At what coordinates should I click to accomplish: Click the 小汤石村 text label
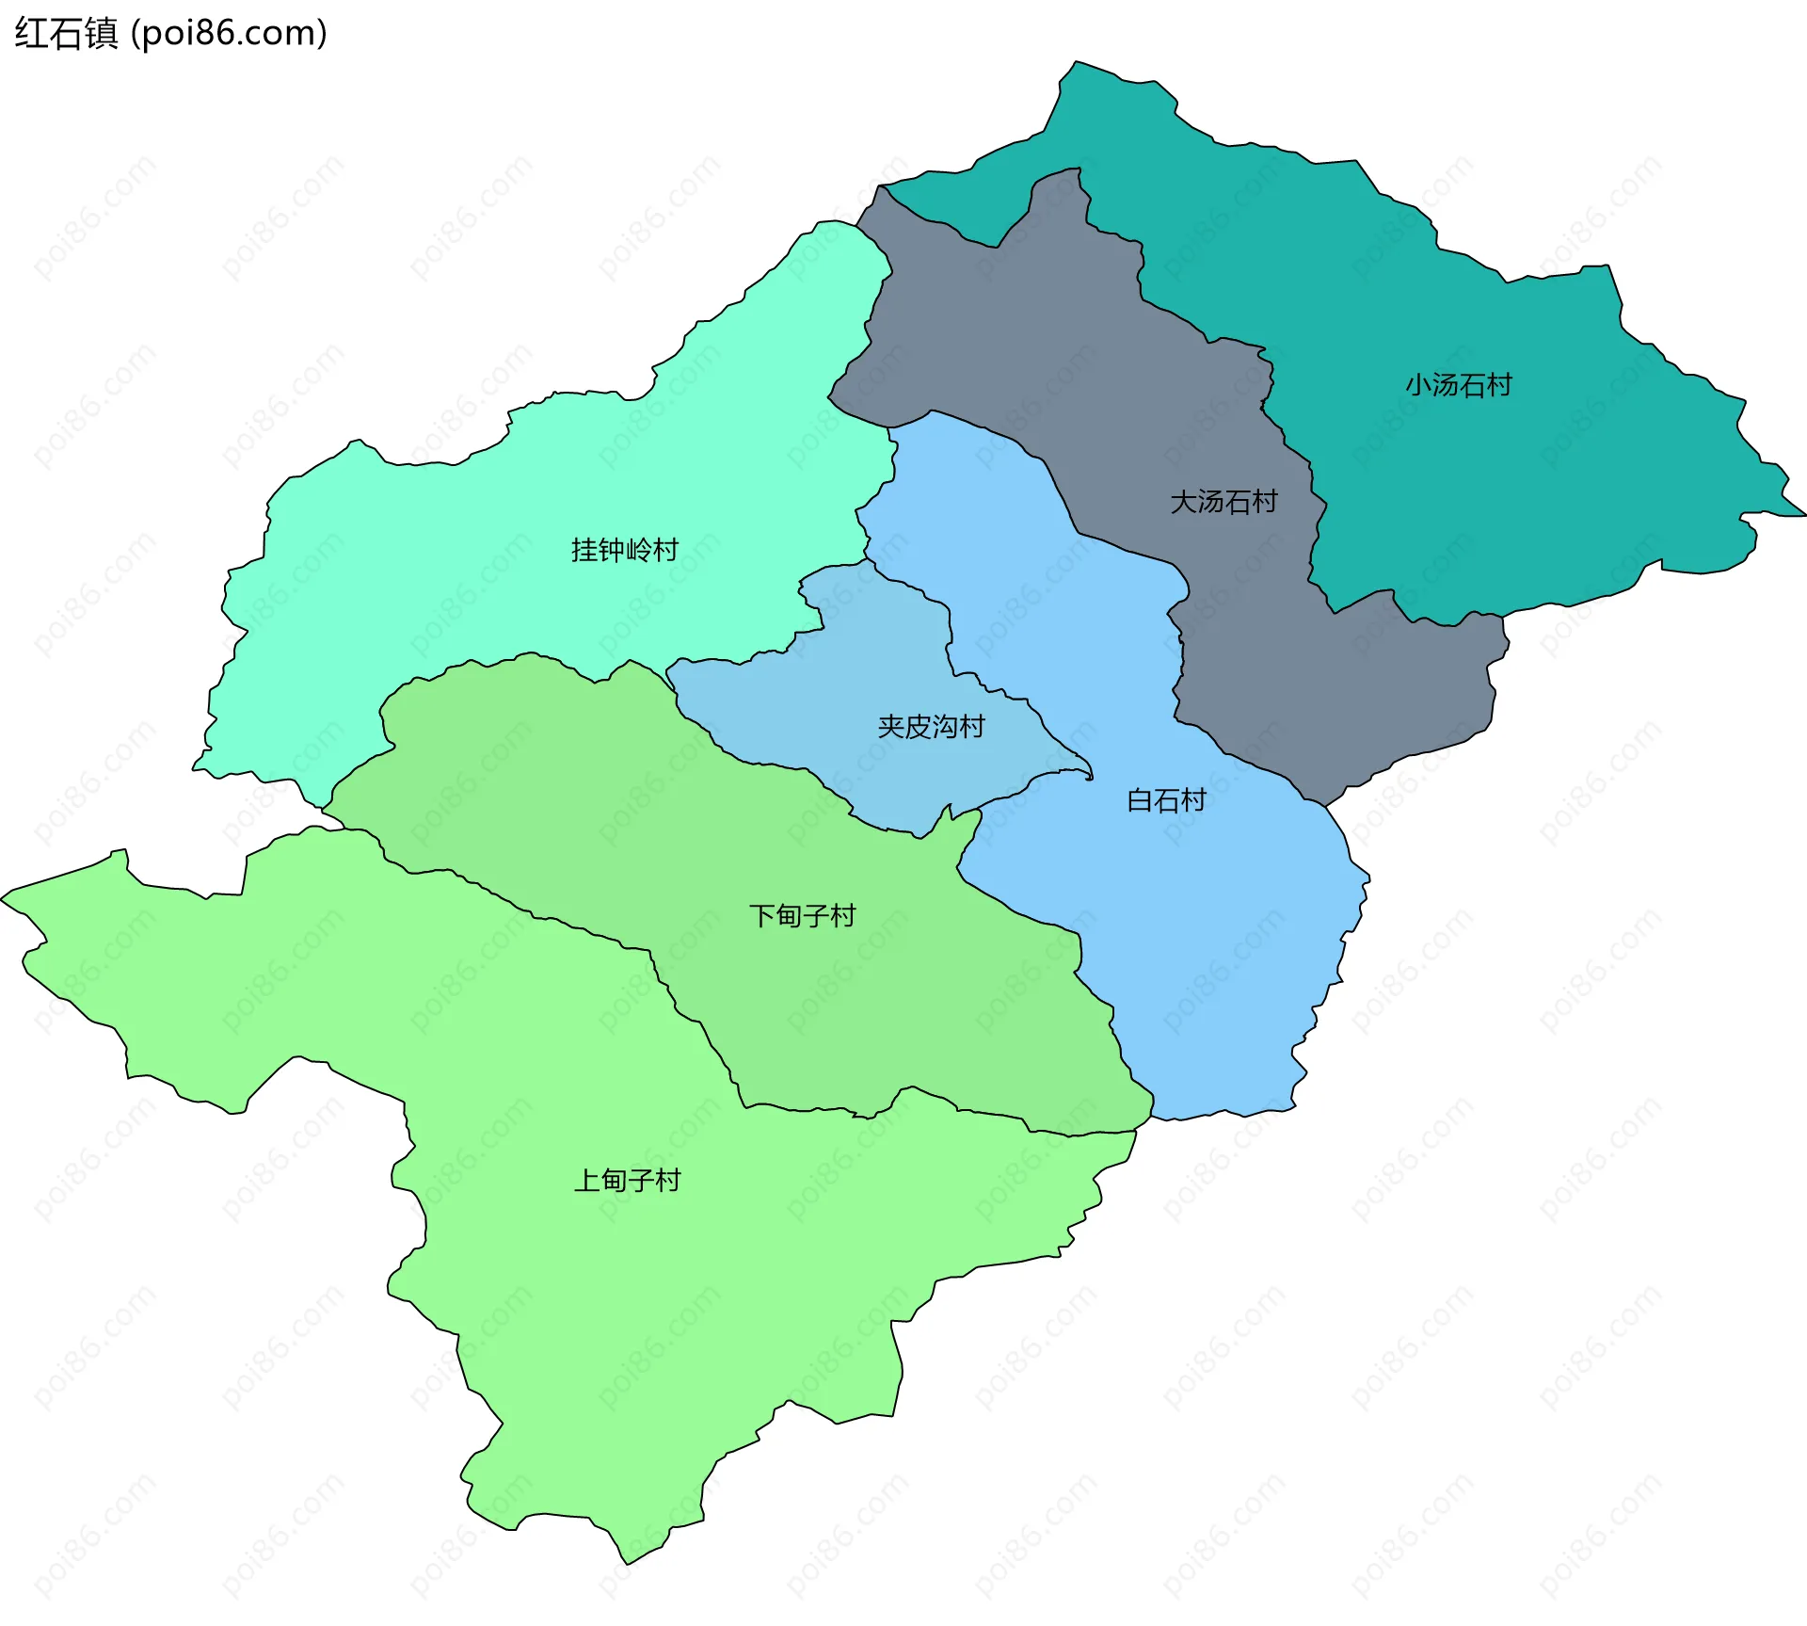1458,385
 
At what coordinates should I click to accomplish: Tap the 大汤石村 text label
1223,502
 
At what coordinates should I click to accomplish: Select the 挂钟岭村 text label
624,550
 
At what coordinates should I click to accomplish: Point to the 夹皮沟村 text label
930,727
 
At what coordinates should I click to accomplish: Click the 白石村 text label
1166,801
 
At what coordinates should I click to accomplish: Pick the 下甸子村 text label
802,916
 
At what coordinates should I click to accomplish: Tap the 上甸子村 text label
627,1181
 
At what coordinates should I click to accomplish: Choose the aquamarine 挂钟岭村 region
471,565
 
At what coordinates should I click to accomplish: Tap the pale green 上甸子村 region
659,1318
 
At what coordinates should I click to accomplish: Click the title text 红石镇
66,34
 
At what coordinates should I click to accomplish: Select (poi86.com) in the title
229,34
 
